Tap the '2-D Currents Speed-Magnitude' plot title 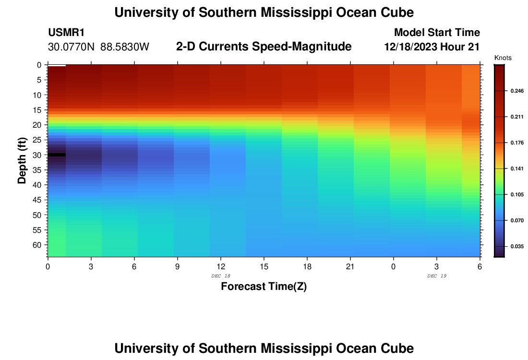264,47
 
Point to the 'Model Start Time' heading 437,33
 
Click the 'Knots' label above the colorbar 503,58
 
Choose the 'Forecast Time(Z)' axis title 264,287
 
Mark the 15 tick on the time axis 264,266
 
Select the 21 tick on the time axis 350,266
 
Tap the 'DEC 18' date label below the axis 221,276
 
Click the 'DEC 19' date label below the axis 437,276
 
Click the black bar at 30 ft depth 57,155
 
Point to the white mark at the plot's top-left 57,65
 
